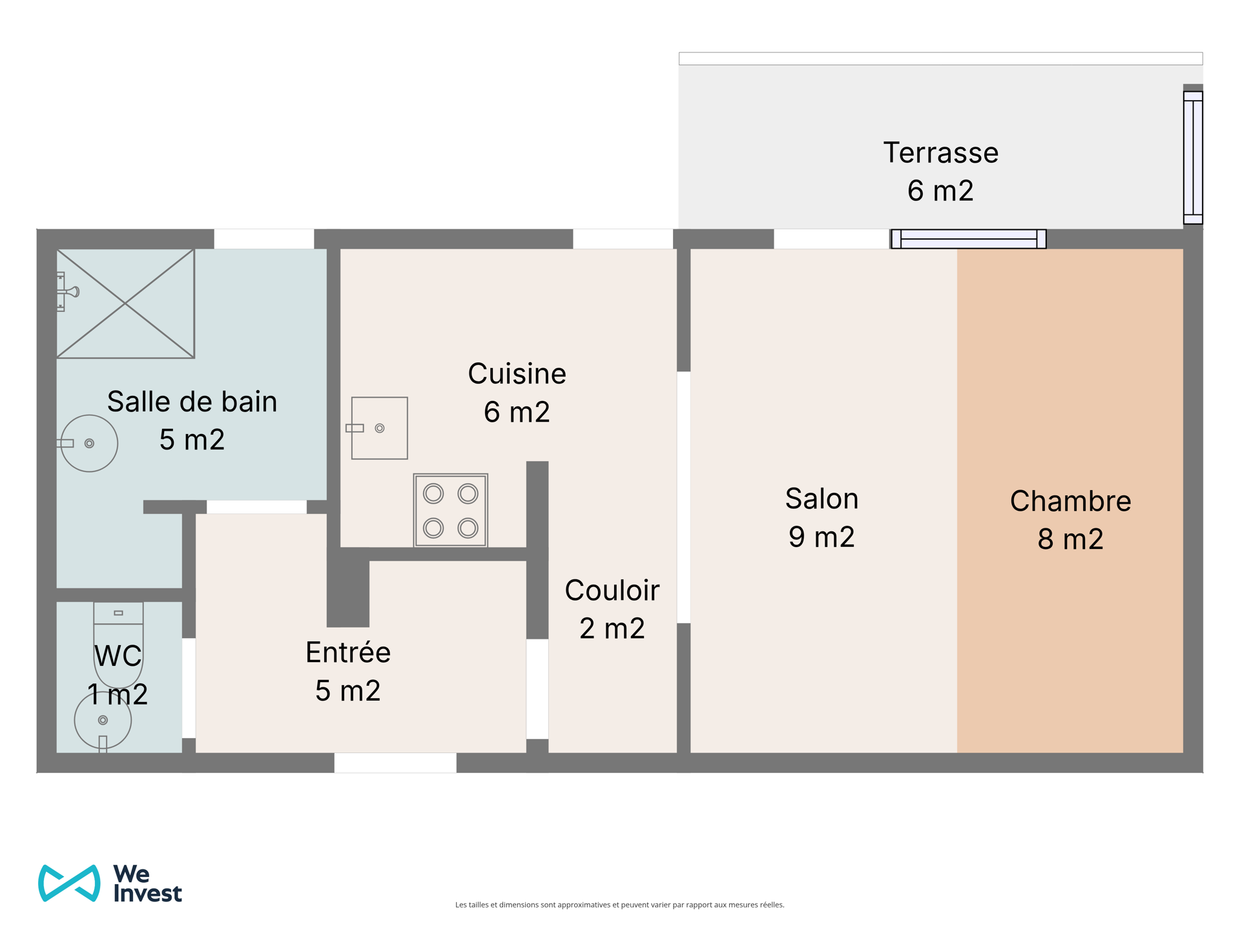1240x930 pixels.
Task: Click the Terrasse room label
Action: click(940, 153)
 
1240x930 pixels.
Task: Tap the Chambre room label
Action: click(1070, 501)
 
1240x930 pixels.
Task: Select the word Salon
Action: click(821, 499)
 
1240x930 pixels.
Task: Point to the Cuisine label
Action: click(517, 373)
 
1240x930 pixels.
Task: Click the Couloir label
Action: click(612, 590)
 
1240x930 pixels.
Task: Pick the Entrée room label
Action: click(347, 652)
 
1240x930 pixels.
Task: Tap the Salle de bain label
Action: click(192, 402)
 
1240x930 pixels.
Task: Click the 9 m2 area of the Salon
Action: click(821, 537)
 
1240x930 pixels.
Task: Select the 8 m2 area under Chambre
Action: click(1070, 539)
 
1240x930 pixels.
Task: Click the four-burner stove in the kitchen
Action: click(451, 510)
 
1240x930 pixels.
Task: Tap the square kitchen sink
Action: click(379, 428)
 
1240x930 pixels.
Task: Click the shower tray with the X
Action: click(125, 304)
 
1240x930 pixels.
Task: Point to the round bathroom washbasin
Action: click(89, 443)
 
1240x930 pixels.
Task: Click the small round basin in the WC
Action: click(103, 720)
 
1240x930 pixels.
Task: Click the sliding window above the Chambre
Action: click(968, 239)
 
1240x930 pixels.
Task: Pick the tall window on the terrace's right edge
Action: click(1193, 158)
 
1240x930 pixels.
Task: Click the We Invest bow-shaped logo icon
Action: click(70, 883)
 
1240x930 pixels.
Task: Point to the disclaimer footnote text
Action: click(620, 905)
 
